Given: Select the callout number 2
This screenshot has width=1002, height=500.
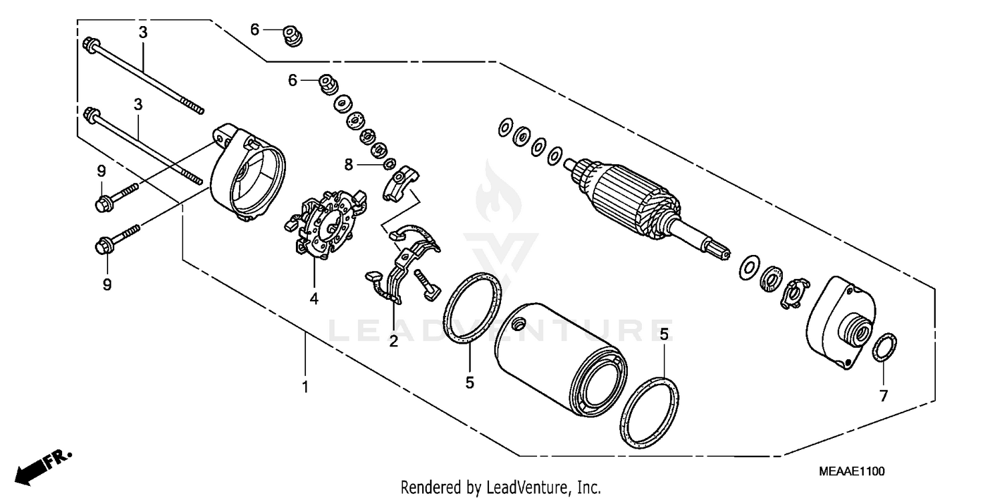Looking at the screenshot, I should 393,342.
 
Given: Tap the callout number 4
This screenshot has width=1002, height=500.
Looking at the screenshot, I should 314,299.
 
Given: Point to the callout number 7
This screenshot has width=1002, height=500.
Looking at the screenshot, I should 884,396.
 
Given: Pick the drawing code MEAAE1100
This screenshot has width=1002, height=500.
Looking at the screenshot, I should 851,471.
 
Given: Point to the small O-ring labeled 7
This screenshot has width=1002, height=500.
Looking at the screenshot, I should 885,347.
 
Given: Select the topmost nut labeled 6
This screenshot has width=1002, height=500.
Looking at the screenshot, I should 292,35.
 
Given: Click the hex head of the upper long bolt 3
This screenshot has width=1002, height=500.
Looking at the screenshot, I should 88,45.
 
